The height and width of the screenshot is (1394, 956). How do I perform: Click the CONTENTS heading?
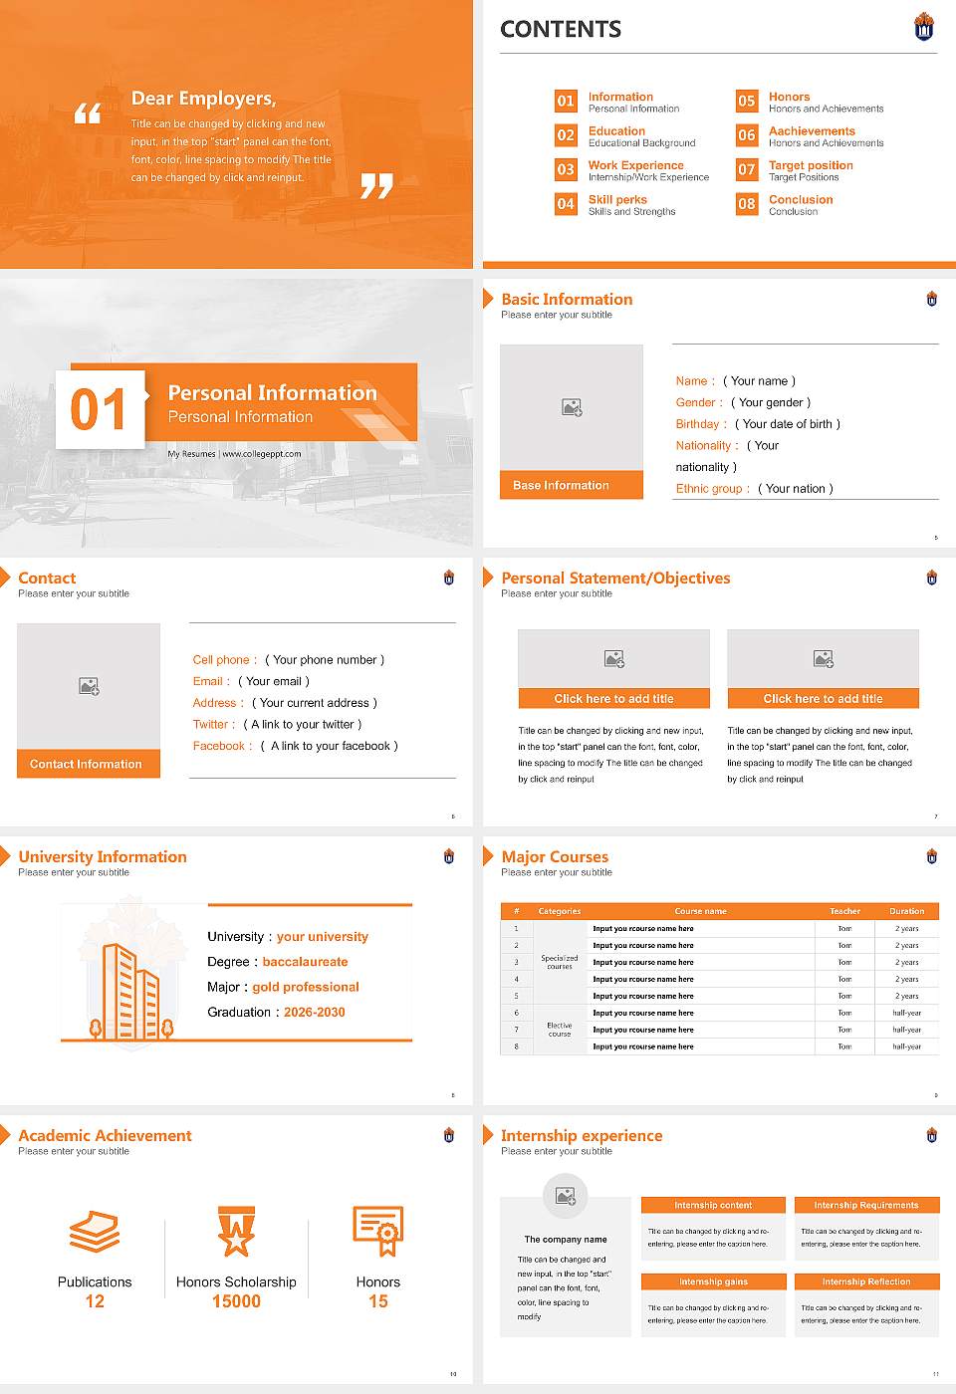[560, 30]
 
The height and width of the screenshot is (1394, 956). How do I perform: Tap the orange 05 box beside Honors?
[746, 101]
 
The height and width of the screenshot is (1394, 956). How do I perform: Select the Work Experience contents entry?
[635, 165]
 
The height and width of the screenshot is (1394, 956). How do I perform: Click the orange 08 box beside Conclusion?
[746, 204]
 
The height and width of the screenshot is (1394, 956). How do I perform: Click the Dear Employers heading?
[203, 99]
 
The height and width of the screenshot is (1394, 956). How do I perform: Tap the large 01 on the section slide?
[99, 409]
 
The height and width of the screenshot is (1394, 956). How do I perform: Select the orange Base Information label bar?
[571, 485]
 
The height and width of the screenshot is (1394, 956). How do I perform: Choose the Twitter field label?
[213, 725]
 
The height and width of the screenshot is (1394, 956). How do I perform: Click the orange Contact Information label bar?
[88, 764]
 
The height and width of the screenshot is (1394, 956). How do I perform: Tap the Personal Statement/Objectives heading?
[615, 579]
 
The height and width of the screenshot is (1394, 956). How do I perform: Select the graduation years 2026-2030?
[314, 1013]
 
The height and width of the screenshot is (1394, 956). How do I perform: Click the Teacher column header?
[844, 911]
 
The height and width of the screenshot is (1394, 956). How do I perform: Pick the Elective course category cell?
[559, 1030]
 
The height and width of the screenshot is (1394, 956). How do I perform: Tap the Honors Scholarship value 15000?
[236, 1301]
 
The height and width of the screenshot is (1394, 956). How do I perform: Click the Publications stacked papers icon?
[95, 1231]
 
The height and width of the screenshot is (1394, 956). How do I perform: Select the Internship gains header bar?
[713, 1281]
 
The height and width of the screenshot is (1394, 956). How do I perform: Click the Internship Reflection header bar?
[865, 1281]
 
